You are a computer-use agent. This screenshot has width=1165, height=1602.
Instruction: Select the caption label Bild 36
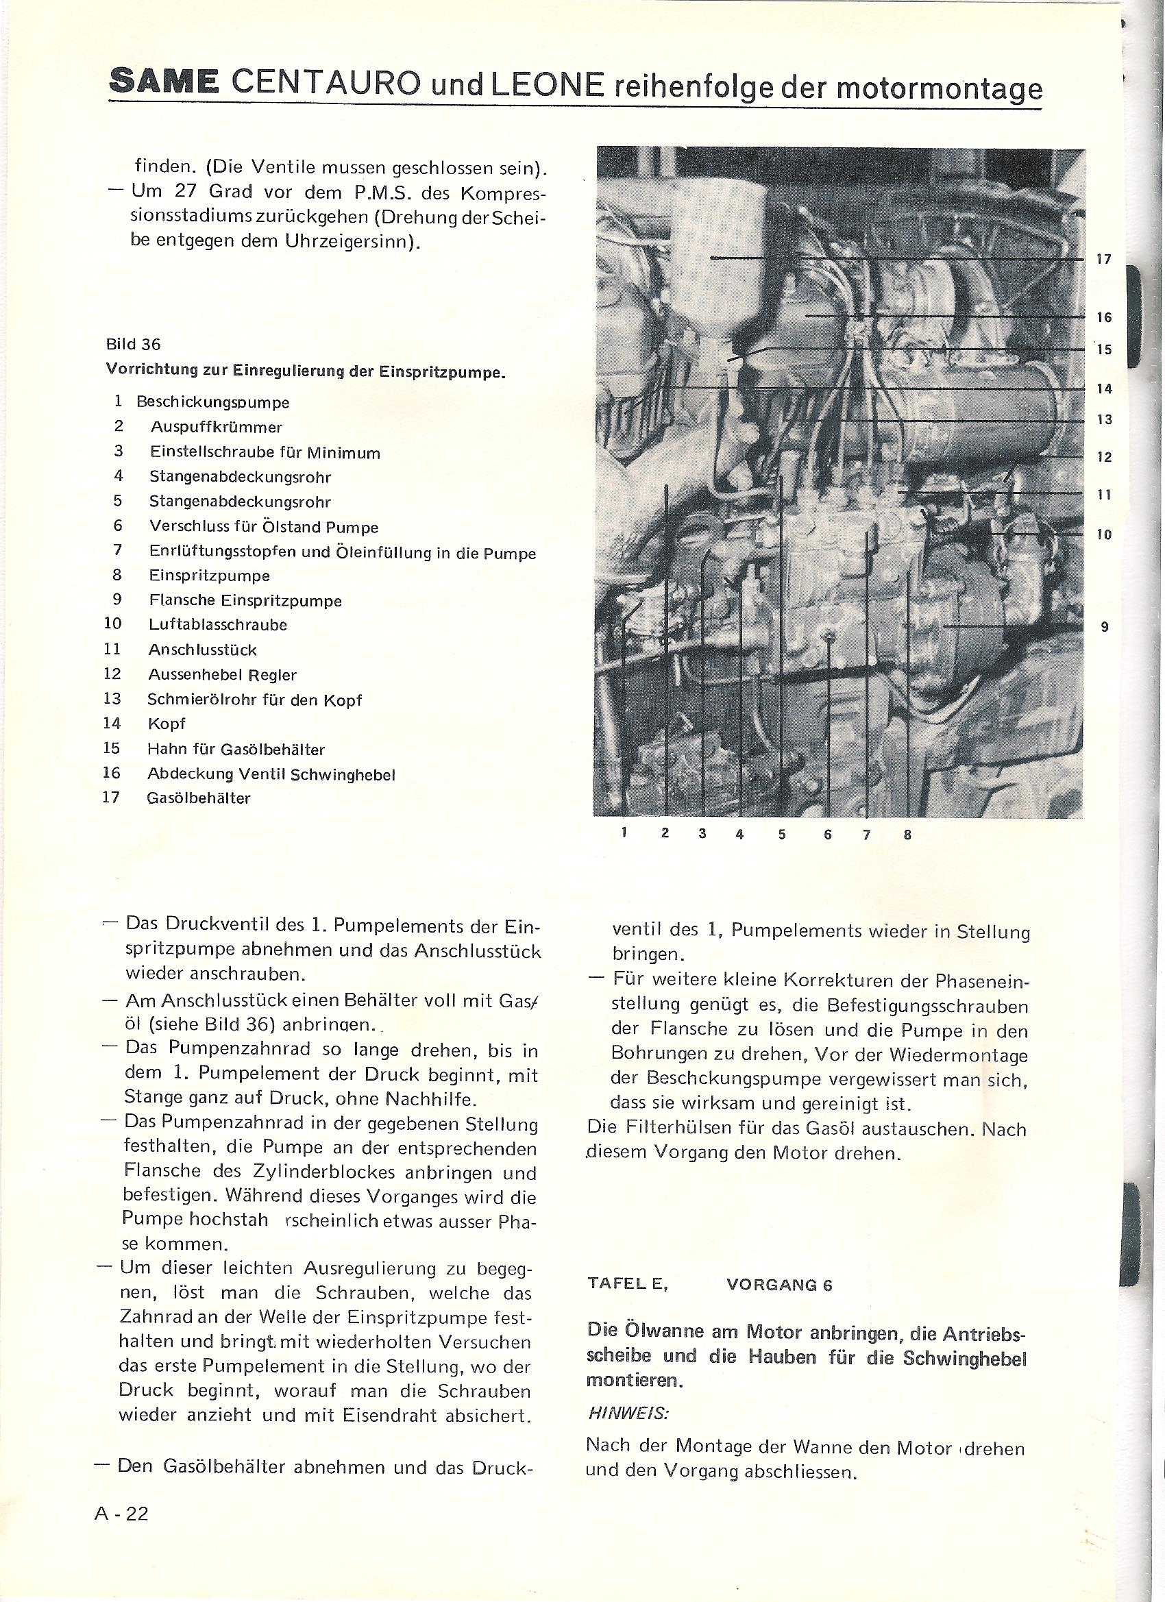point(133,345)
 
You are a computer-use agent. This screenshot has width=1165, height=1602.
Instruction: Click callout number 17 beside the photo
point(1103,260)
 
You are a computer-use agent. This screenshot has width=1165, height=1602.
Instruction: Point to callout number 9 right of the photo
point(1104,626)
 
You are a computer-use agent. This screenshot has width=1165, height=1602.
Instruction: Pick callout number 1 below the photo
point(624,833)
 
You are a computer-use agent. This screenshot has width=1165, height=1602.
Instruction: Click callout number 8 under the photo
point(907,835)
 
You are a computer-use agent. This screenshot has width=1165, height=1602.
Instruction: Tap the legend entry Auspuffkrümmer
point(216,428)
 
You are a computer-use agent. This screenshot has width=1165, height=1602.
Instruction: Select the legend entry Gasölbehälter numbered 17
point(199,799)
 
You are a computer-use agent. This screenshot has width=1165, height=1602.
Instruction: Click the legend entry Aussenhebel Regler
point(222,674)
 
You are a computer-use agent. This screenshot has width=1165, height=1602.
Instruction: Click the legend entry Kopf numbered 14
point(167,724)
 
